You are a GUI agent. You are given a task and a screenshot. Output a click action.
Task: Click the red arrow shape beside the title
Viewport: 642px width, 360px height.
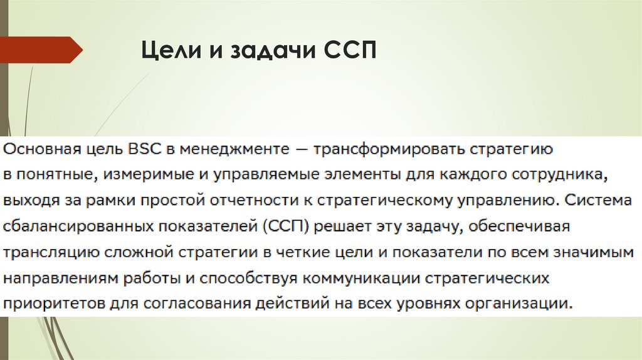pos(41,50)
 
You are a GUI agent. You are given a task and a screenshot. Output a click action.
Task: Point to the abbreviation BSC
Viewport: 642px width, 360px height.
pos(144,150)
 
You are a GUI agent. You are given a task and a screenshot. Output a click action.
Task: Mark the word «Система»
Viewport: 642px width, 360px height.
pos(592,202)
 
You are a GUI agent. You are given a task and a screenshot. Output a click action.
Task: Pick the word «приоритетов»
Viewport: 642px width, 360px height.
pos(46,305)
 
